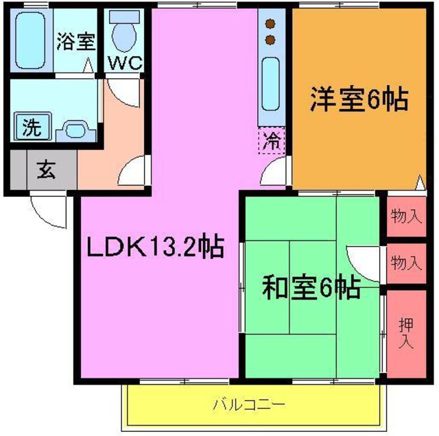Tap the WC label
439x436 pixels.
tap(124, 62)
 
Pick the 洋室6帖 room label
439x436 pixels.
tap(358, 101)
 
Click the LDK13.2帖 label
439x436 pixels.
tap(154, 247)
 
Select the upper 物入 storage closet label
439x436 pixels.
tap(406, 217)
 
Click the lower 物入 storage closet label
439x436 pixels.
tap(406, 263)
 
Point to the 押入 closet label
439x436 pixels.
tap(406, 331)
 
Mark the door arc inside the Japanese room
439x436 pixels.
tap(363, 261)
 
